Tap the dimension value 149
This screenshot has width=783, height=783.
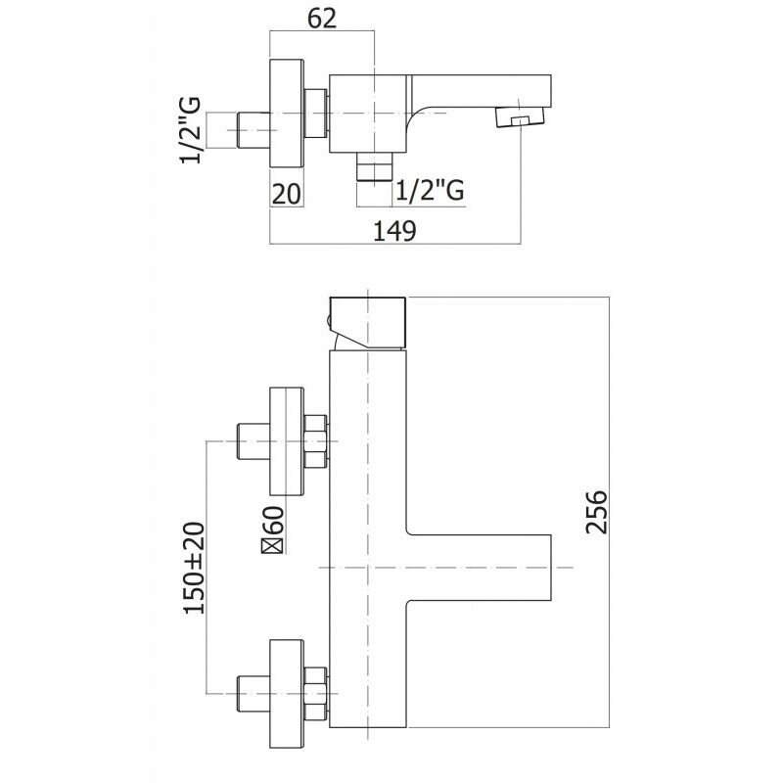click(396, 230)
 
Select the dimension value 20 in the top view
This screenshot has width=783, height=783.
click(286, 193)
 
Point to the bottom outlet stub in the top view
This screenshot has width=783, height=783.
click(373, 168)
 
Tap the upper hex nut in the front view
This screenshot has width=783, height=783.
click(315, 442)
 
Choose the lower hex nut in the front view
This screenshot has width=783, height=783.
click(315, 684)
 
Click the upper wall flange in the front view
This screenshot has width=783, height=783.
click(286, 442)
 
